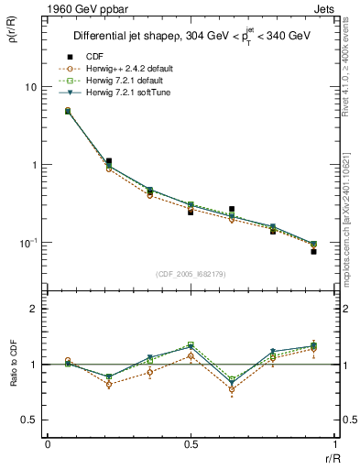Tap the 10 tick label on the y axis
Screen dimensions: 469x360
point(29,87)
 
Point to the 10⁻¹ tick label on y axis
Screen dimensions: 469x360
point(27,243)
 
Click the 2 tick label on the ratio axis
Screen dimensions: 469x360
point(35,310)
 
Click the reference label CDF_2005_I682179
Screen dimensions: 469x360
point(191,275)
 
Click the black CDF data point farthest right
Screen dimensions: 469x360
point(312,251)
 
